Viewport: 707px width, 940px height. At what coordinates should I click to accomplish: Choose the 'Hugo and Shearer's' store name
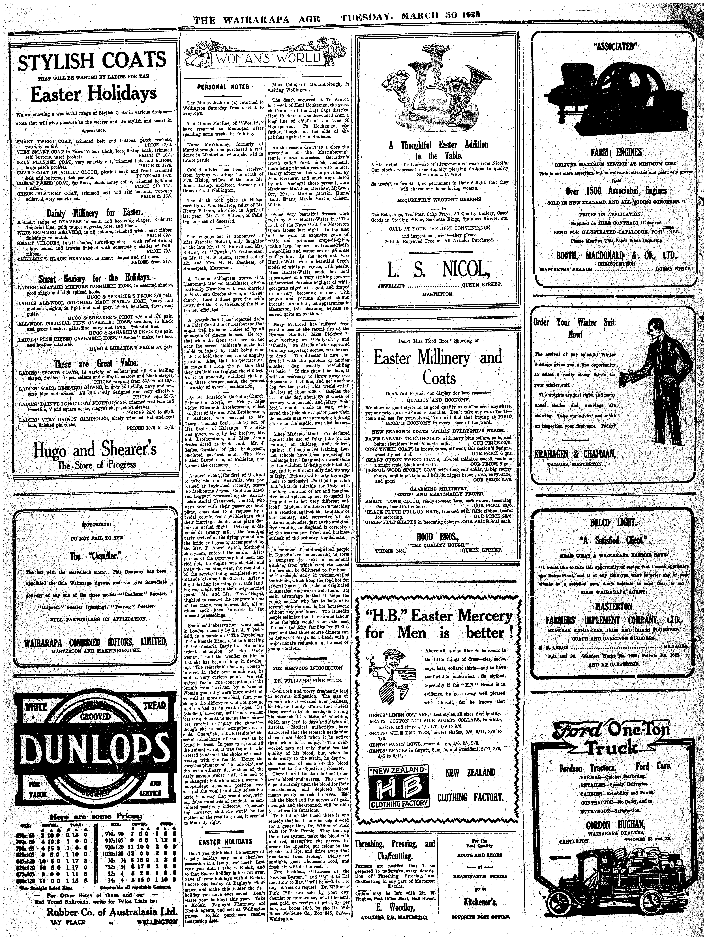(95, 451)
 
